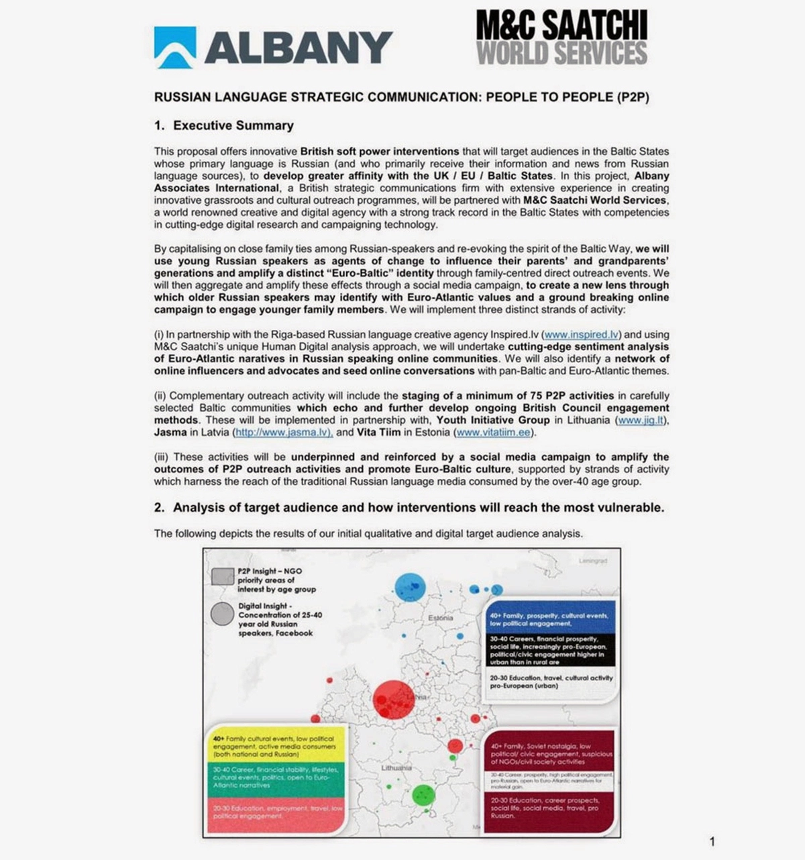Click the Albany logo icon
(175, 48)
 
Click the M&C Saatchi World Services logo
(561, 37)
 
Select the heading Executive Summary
(233, 125)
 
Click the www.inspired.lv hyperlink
(581, 334)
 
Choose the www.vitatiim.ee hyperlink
(494, 432)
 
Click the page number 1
(712, 841)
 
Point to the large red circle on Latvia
(394, 700)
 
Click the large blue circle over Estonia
(410, 588)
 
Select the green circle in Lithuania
(423, 796)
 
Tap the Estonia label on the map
(440, 618)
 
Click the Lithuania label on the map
(396, 767)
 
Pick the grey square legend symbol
(222, 577)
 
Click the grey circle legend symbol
(222, 614)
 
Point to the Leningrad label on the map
(592, 561)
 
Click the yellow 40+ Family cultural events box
(276, 745)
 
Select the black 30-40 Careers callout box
(550, 650)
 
